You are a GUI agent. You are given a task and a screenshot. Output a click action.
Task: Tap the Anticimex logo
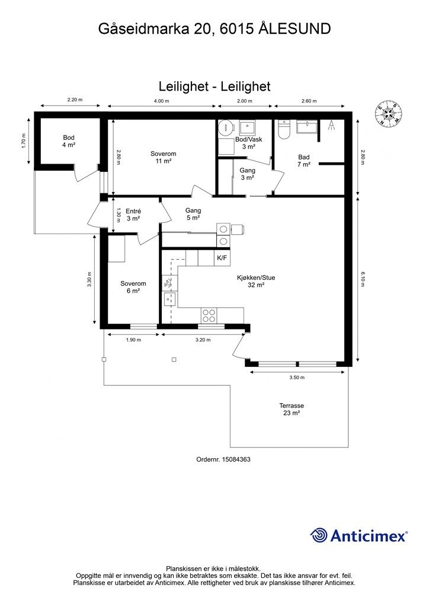click(358, 536)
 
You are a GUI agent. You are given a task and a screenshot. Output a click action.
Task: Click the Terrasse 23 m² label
click(292, 409)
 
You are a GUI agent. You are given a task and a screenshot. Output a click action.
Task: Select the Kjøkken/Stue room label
click(256, 281)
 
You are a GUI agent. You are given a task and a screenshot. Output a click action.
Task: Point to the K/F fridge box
click(222, 258)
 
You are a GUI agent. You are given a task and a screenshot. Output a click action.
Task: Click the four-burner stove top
click(209, 315)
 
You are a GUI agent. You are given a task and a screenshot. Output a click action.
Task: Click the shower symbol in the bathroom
click(331, 125)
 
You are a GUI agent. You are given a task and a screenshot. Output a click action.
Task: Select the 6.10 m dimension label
click(363, 279)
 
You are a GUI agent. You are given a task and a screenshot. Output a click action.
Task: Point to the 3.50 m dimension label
click(297, 378)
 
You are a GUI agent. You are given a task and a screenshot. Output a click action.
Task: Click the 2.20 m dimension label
click(75, 100)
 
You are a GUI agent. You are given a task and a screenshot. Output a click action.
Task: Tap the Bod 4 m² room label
click(69, 141)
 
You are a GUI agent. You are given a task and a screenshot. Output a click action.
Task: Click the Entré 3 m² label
click(133, 215)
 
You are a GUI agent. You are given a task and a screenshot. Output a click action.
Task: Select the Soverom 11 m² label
click(163, 157)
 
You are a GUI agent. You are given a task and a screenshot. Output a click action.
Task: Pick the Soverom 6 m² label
click(133, 287)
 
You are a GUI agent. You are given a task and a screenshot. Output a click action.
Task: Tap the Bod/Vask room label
click(248, 139)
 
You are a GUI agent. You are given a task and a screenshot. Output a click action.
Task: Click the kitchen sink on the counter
click(169, 299)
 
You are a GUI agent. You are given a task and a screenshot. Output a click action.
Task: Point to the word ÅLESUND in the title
click(294, 28)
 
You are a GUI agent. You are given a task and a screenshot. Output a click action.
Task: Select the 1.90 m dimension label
click(133, 340)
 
